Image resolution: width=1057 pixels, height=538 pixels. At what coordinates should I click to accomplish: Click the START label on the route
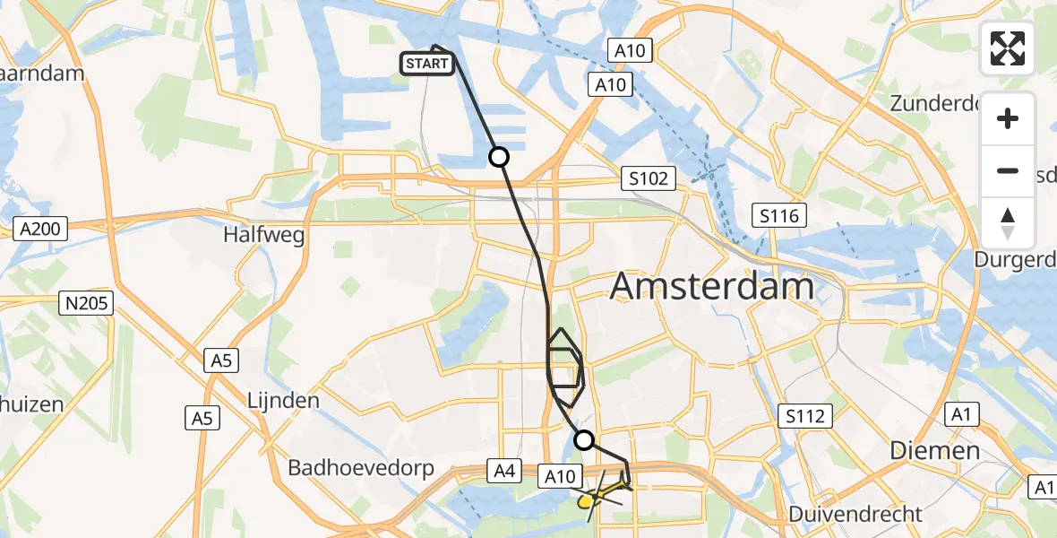(x=427, y=63)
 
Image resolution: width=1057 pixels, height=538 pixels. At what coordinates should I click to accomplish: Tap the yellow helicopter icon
(x=602, y=492)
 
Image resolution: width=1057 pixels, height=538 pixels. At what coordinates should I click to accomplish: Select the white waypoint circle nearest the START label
(x=498, y=157)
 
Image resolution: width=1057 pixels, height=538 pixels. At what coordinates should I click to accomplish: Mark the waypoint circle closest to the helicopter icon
(x=583, y=439)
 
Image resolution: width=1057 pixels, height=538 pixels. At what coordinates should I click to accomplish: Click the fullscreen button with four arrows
(x=1008, y=48)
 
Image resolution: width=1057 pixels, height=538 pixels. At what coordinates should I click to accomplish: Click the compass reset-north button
(x=1008, y=222)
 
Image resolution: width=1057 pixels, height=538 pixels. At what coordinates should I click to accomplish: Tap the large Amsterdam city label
(x=712, y=287)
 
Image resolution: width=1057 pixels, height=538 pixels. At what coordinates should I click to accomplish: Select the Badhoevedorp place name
(x=361, y=468)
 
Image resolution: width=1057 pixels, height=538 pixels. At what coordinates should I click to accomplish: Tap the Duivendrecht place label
(x=855, y=514)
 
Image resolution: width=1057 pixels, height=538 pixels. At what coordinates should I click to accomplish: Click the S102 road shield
(x=648, y=178)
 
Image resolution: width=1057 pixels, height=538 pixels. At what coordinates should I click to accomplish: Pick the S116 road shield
(x=778, y=215)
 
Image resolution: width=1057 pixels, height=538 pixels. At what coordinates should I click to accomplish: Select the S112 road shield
(x=805, y=415)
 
